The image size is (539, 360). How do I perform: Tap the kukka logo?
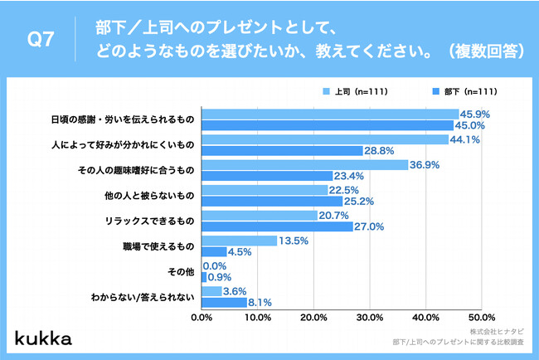point(43,338)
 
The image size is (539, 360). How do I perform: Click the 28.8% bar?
point(282,150)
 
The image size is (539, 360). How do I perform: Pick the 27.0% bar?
point(277,226)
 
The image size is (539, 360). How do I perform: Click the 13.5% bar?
point(239,241)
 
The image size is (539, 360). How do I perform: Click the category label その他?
point(180,271)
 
